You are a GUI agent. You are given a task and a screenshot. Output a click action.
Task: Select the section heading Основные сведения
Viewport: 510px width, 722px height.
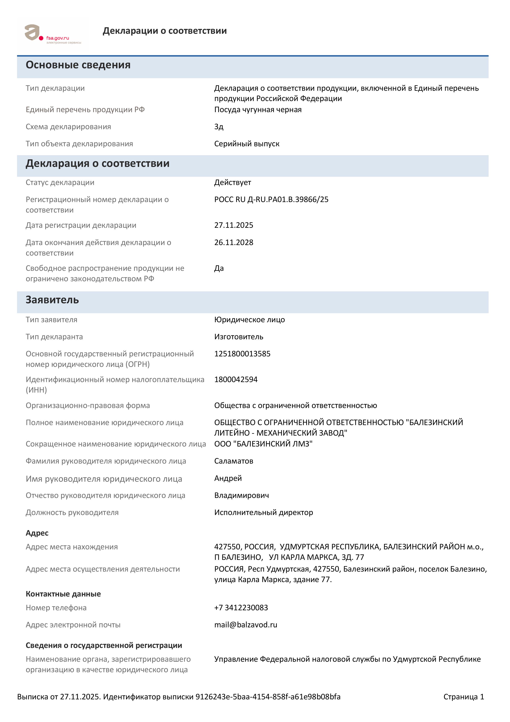pos(78,65)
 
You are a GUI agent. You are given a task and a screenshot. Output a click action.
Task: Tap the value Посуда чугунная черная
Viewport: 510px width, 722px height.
pos(258,110)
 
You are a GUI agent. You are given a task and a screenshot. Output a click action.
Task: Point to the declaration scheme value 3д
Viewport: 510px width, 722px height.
pos(219,127)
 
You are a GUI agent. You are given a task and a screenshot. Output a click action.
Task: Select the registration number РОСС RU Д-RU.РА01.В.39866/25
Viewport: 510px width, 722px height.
pos(271,199)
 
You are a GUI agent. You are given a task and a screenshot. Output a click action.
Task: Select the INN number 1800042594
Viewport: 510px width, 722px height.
pos(236,380)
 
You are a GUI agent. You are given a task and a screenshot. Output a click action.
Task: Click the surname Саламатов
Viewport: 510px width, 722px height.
pos(233,461)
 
